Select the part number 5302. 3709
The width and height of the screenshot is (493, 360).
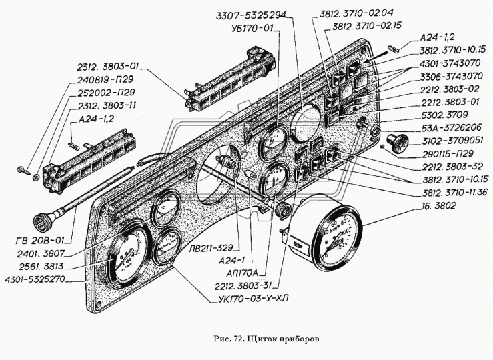pyautogui.click(x=448, y=115)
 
